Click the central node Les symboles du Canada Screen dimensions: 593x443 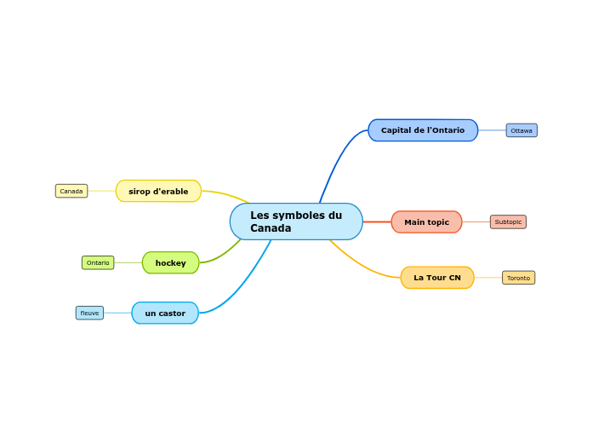[296, 221]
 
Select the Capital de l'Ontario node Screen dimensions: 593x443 [423, 130]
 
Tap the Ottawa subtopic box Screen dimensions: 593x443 [522, 130]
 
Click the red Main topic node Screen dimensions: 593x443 [426, 221]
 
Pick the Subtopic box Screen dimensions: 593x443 [508, 221]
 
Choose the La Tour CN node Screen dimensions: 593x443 [437, 278]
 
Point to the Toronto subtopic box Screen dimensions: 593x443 [518, 278]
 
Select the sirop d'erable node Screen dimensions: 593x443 [158, 191]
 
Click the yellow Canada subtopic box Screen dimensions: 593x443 [71, 191]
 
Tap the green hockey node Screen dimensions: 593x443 [170, 262]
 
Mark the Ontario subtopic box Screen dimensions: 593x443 [98, 262]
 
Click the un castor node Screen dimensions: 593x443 [165, 314]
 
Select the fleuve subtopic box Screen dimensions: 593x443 [89, 314]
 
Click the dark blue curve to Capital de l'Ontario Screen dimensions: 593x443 [338, 159]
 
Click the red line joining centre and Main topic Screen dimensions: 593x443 [377, 221]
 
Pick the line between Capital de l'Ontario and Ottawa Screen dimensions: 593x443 [492, 130]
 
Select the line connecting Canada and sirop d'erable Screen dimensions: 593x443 [102, 191]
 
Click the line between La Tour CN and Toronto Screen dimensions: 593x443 [488, 278]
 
